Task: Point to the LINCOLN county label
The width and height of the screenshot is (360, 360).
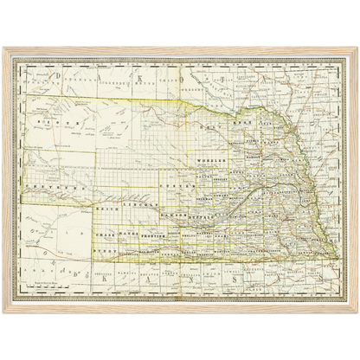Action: [x=138, y=207]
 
